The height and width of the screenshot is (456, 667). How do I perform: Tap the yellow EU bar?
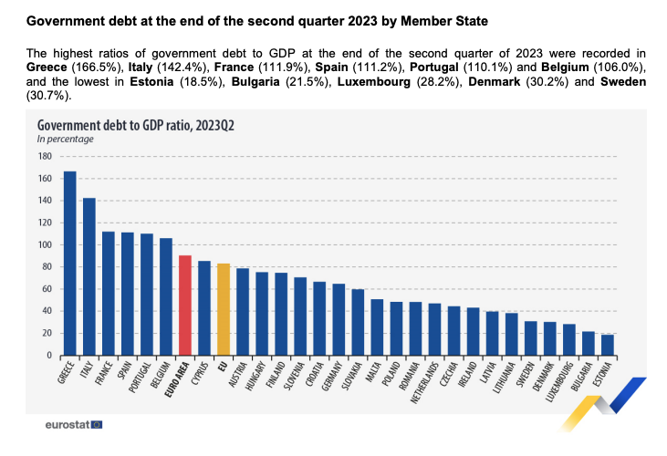[x=224, y=309]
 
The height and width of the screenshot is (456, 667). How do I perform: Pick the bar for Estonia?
[x=608, y=345]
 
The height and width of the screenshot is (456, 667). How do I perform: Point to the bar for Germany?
[x=339, y=319]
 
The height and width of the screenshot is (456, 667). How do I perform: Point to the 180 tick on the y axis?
[x=44, y=156]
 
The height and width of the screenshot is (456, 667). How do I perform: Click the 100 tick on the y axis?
[x=44, y=244]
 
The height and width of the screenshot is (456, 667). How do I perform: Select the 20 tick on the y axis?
[x=46, y=334]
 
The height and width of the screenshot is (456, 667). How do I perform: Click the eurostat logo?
[x=74, y=425]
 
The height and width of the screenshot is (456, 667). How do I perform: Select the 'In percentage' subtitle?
[x=66, y=140]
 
